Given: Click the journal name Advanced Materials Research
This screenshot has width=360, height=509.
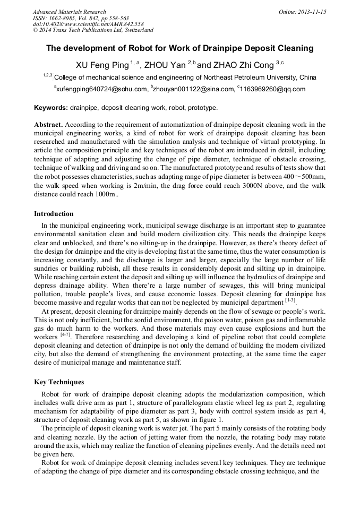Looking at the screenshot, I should click(69, 12).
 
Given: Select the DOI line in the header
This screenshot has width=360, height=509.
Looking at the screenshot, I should click(88, 24).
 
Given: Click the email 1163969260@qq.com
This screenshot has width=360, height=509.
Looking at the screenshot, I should click(272, 89).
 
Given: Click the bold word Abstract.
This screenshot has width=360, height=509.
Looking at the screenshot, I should click(48, 125).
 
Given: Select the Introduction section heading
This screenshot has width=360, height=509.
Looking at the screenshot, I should click(54, 214).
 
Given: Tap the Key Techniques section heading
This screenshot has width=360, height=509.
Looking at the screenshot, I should click(59, 382).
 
